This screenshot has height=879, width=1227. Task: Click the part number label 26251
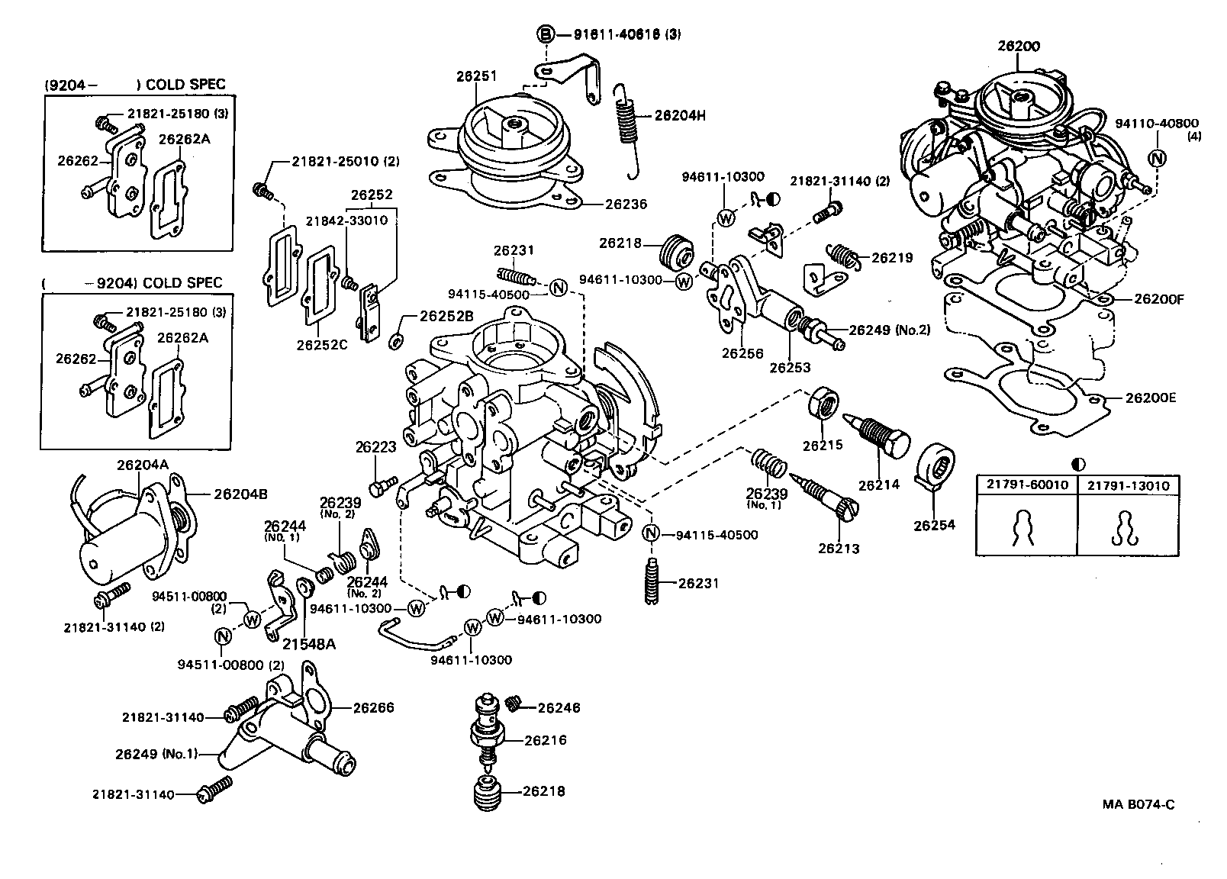point(476,76)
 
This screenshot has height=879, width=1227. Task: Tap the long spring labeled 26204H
point(627,122)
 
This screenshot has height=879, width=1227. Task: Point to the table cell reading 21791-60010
point(1026,485)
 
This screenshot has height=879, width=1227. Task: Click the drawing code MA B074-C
point(1138,803)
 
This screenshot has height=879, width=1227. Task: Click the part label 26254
point(935,525)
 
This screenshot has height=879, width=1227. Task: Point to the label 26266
point(373,707)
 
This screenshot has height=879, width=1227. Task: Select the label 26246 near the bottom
point(559,707)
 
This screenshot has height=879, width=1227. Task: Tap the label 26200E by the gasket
point(1151,398)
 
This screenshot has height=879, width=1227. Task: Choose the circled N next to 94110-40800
point(1158,158)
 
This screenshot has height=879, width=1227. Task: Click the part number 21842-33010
point(346,221)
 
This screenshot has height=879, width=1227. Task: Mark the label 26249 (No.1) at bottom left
point(156,754)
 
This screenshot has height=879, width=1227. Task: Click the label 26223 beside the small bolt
point(375,447)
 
